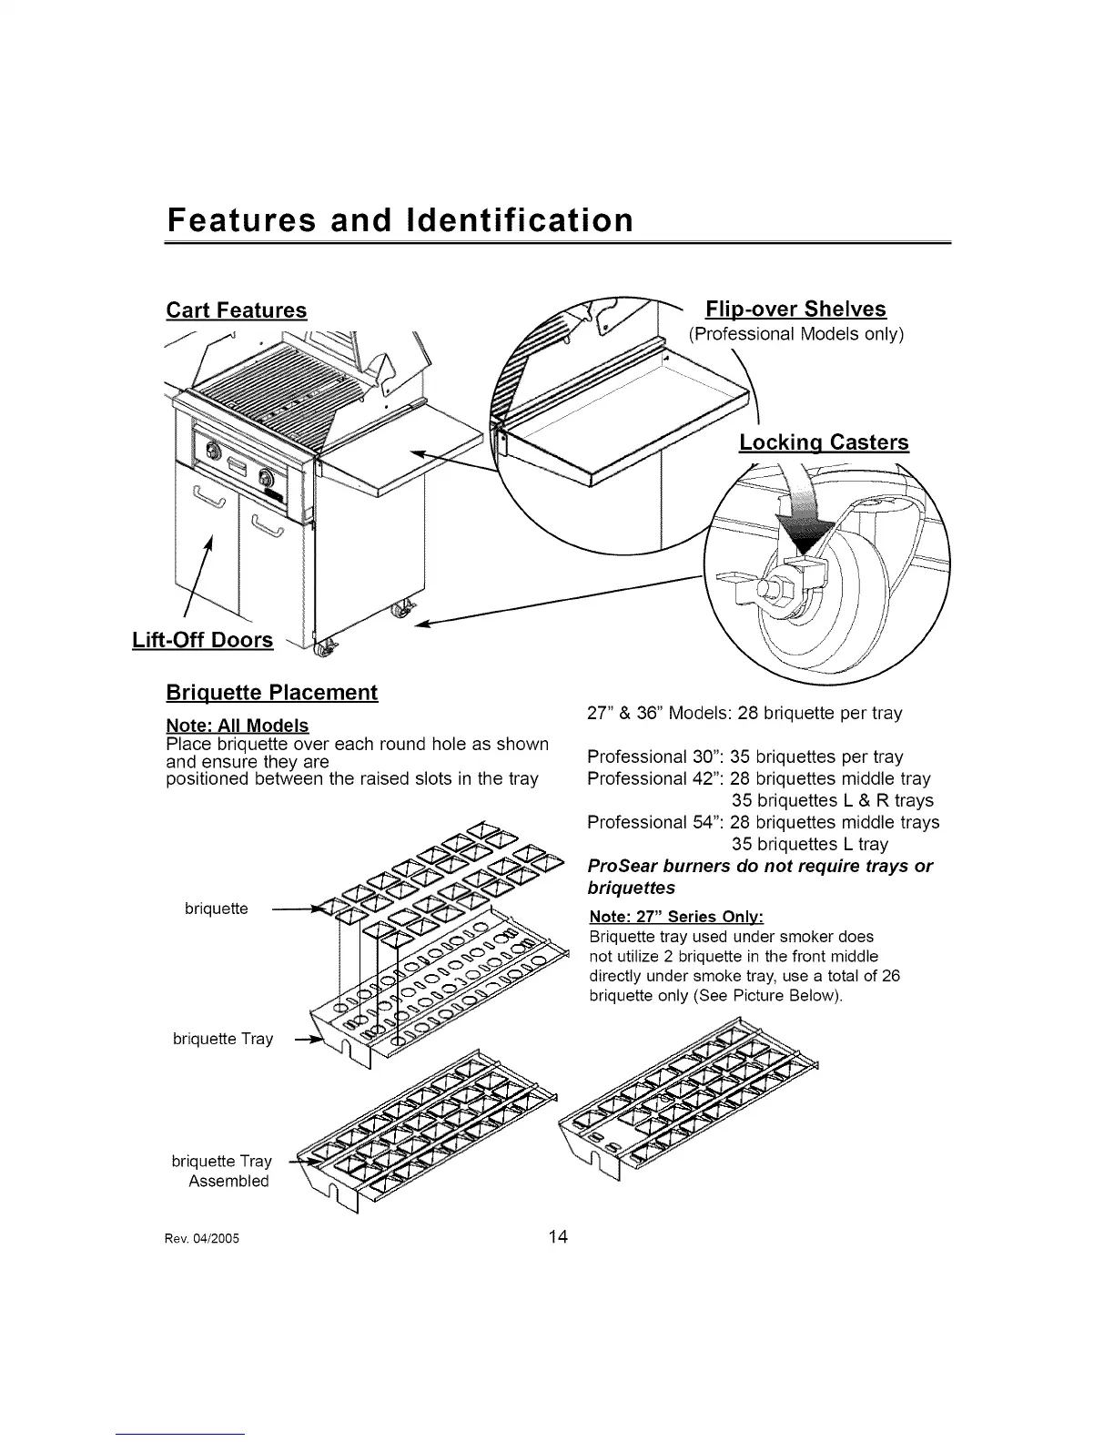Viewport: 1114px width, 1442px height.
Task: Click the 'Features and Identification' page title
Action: pos(400,220)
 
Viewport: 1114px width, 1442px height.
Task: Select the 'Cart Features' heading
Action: pos(237,310)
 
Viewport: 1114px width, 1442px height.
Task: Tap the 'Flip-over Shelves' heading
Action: pos(795,309)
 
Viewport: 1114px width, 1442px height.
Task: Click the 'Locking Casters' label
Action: pos(824,442)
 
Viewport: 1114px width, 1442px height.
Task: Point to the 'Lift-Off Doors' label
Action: pos(202,640)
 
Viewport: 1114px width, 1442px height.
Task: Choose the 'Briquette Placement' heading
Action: pos(271,693)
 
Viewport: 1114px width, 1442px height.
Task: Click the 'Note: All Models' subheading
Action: pos(238,726)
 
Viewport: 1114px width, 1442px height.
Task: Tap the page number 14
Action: pos(558,1236)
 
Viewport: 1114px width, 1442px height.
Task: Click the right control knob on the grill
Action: pos(267,477)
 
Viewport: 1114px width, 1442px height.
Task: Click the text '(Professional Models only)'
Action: pos(795,334)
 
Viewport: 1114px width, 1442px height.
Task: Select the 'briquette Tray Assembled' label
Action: pos(222,1171)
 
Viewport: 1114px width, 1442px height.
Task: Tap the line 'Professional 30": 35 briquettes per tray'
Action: pos(744,757)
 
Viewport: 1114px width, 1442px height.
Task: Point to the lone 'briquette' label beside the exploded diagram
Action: pos(216,909)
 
